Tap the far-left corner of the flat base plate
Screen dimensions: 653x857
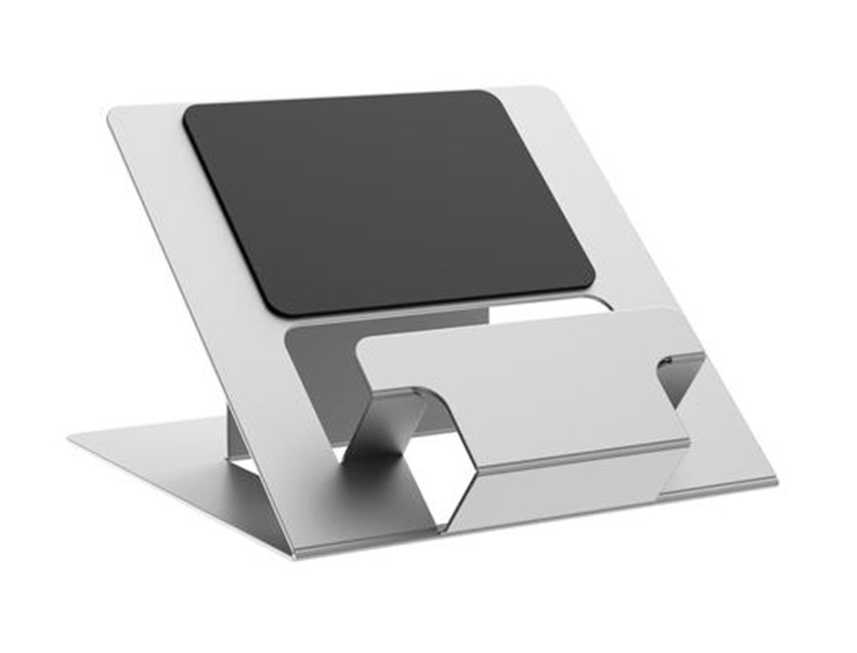click(x=74, y=437)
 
